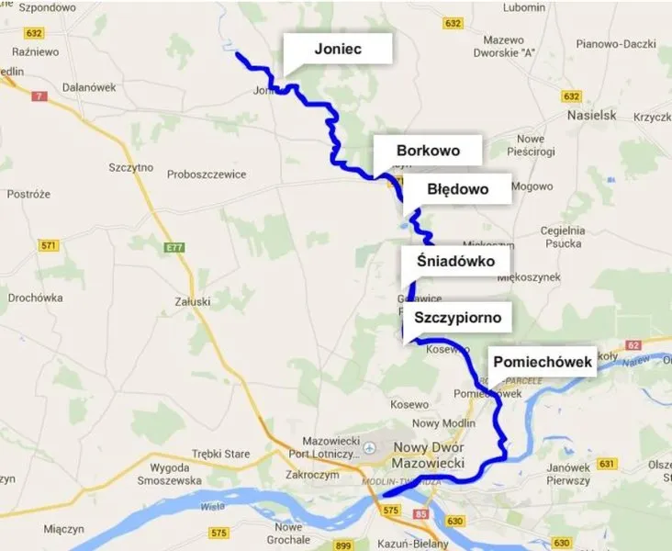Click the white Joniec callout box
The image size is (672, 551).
click(337, 50)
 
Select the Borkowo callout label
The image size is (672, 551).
click(427, 151)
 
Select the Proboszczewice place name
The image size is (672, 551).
click(206, 174)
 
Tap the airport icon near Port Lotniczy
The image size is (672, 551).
click(370, 448)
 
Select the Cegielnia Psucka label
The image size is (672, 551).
click(563, 236)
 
